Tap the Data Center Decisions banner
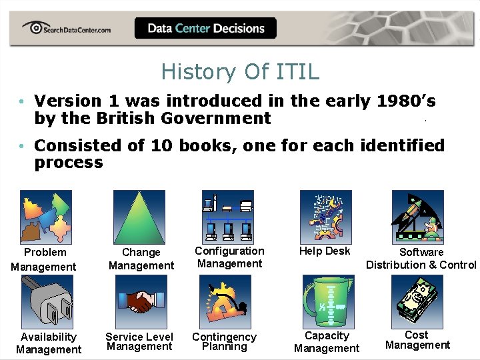pos(205,28)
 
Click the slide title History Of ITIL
pos(240,71)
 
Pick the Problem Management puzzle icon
pos(45,217)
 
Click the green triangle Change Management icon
pos(139,217)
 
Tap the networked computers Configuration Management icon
pos(228,216)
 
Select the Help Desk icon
pos(325,216)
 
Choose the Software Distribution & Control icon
pos(417,217)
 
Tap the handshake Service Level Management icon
pos(140,301)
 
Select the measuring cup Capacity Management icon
pos(325,302)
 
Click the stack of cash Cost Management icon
pos(417,301)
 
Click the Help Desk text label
pos(325,251)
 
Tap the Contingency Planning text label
pos(224,342)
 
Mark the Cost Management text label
pos(417,340)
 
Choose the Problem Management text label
pos(44,259)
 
